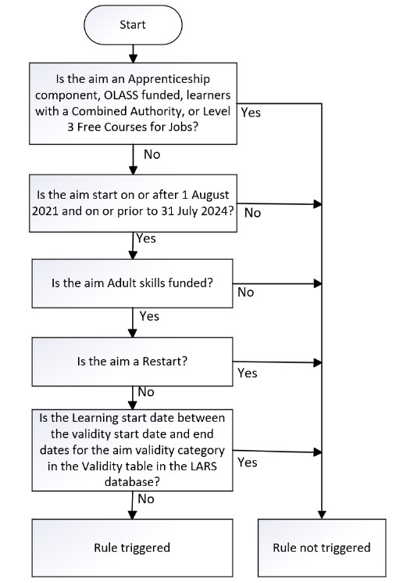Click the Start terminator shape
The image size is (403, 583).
(x=133, y=25)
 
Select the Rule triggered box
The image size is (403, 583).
(x=132, y=548)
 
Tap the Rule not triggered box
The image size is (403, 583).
(x=322, y=548)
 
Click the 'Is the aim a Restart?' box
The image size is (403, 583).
(x=132, y=362)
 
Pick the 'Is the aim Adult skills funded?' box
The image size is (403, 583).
(x=132, y=283)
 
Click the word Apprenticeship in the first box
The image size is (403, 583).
(x=169, y=79)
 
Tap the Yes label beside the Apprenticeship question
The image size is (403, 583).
(x=251, y=112)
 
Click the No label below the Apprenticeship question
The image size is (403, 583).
(x=152, y=154)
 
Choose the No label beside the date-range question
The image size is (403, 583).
(x=253, y=213)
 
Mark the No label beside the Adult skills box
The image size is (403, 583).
(x=246, y=292)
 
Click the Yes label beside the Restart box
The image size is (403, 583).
(x=247, y=373)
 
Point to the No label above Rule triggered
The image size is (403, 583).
(x=146, y=498)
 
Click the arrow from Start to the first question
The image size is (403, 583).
(x=133, y=53)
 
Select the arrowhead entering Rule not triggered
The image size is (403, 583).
(x=322, y=515)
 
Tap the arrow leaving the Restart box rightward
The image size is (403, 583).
(x=277, y=362)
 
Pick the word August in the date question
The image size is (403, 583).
(x=210, y=195)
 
